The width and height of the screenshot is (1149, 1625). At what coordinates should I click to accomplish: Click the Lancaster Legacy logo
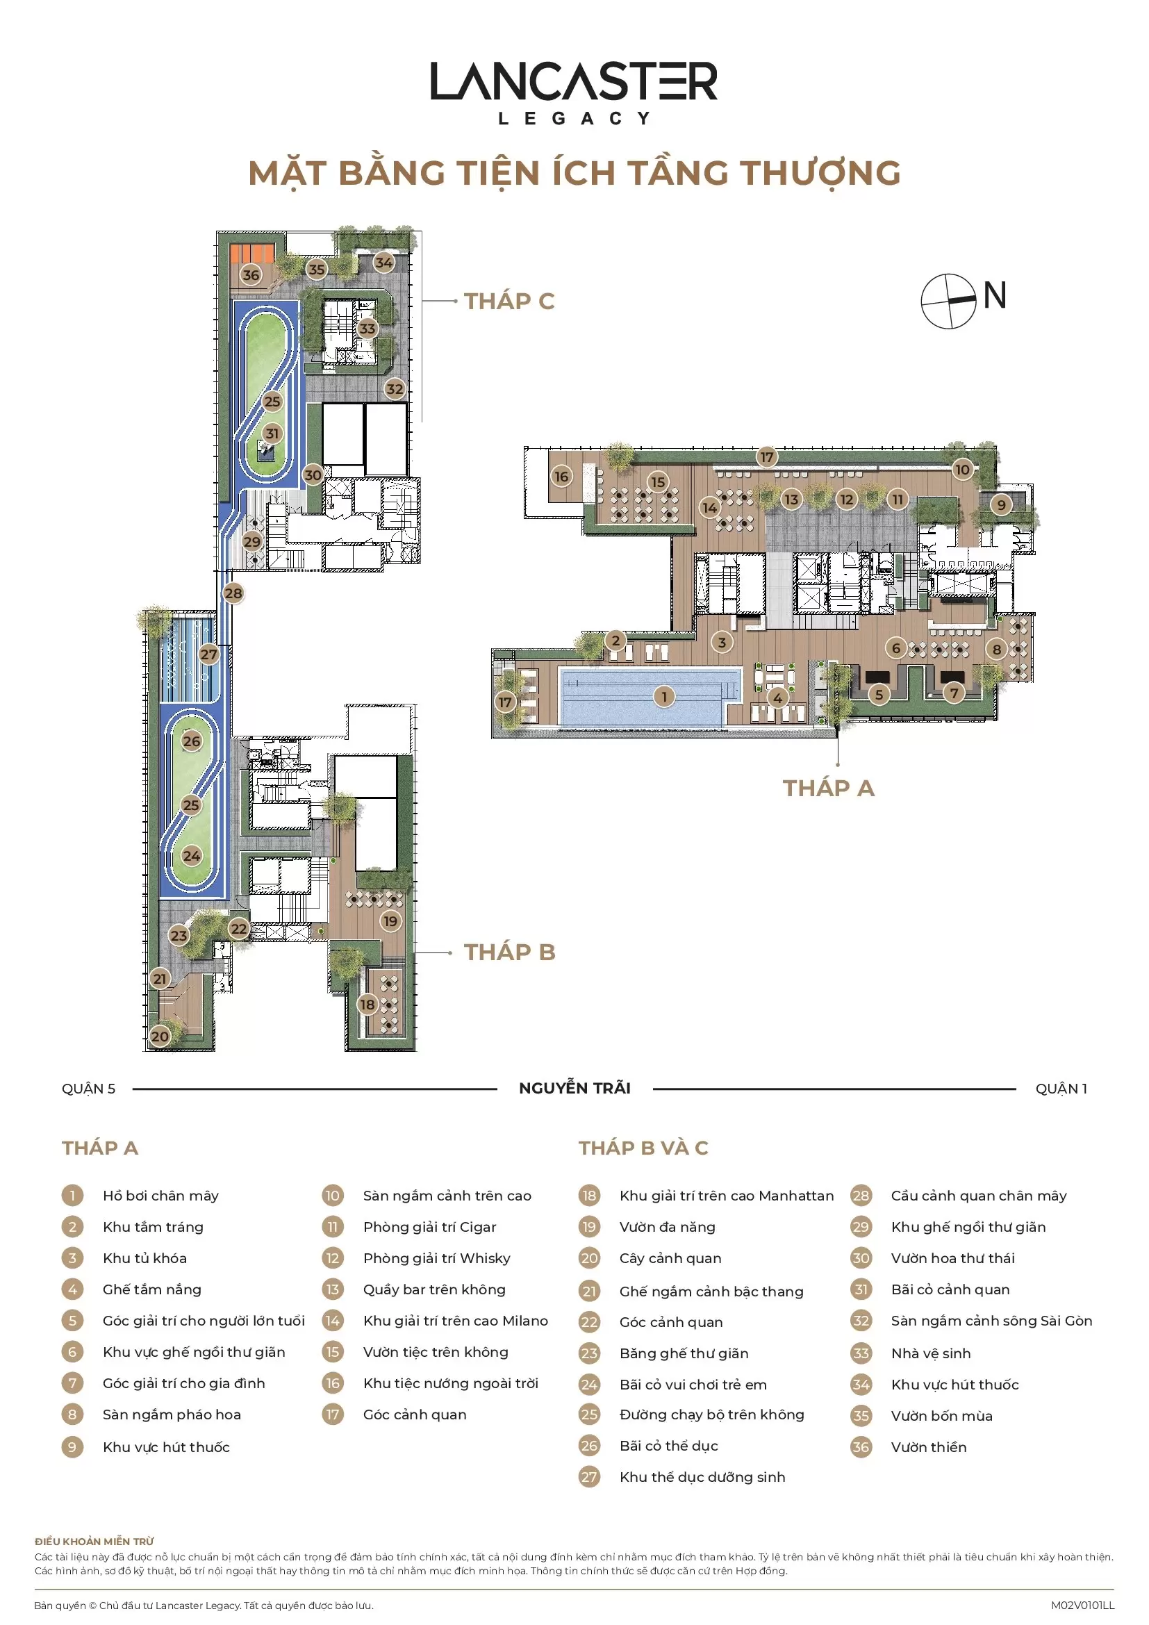point(574,92)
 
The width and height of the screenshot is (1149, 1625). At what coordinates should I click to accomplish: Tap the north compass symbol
point(948,301)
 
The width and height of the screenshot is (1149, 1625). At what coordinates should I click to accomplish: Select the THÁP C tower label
point(509,302)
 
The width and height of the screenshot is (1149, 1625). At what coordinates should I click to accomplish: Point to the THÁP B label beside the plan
point(509,952)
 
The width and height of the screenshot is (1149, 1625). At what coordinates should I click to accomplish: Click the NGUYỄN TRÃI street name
point(574,1089)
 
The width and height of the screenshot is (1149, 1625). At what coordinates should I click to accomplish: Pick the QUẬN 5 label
point(88,1089)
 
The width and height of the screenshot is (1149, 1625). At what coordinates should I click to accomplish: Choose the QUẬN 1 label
point(1061,1089)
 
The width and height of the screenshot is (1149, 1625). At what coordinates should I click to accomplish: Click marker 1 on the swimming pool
point(663,697)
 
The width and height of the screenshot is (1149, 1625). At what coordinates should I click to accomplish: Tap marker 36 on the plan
point(251,274)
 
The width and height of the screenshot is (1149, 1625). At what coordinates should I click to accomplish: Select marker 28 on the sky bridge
point(233,593)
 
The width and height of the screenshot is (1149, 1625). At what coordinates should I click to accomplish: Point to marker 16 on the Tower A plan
point(561,477)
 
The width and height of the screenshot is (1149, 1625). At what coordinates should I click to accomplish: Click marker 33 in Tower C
point(367,329)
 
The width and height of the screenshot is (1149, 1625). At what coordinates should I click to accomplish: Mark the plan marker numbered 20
point(160,1036)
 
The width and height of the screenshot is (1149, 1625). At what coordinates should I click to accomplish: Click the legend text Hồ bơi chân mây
point(160,1196)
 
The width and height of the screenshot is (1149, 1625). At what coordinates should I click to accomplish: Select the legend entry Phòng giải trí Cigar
point(429,1227)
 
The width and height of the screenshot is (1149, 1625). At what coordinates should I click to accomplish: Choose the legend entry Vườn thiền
point(928,1447)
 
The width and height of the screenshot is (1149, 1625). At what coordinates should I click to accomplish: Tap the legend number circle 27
point(588,1477)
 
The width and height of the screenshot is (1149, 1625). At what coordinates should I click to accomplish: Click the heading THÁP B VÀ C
point(643,1148)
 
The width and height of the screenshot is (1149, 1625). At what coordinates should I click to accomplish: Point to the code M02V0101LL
point(1082,1606)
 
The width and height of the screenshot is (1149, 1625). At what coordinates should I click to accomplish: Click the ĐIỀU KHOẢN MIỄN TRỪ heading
point(94,1542)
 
